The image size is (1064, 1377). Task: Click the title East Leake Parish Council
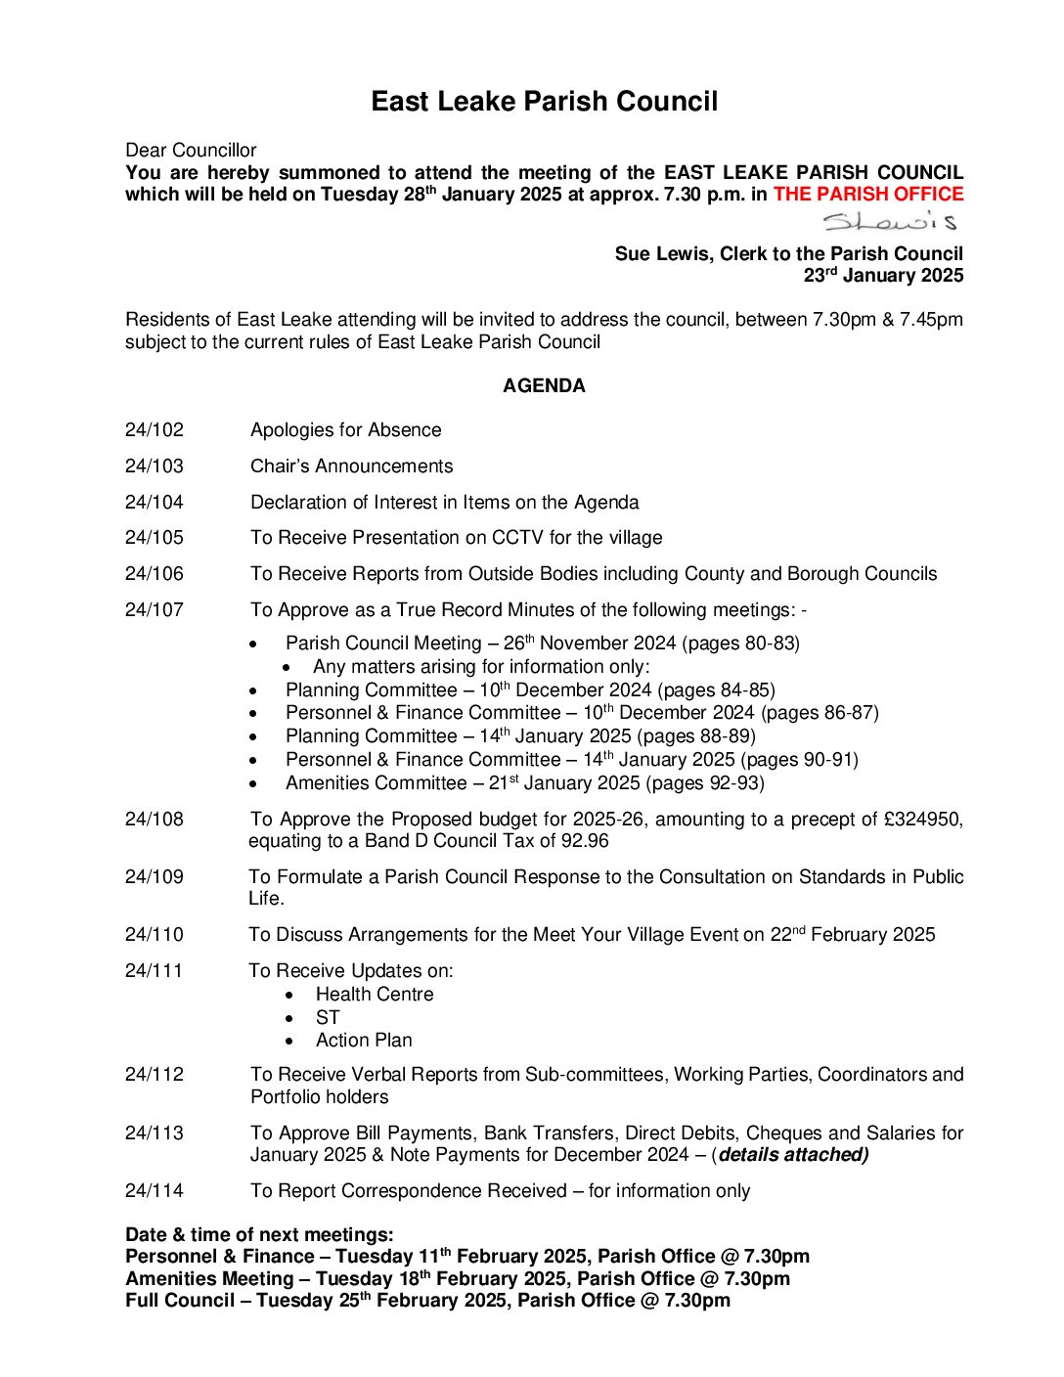[x=544, y=102]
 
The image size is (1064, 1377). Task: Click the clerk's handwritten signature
[x=889, y=222]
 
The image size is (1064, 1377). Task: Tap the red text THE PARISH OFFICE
[x=867, y=195]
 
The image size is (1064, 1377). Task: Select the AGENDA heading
[x=544, y=386]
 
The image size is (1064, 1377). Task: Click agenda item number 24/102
[x=154, y=430]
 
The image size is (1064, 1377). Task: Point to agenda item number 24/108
[x=154, y=820]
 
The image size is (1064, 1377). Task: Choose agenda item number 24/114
[x=154, y=1191]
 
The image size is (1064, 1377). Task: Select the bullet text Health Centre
[x=375, y=995]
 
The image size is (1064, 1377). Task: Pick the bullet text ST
[x=328, y=1018]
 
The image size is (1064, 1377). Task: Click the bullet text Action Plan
[x=364, y=1041]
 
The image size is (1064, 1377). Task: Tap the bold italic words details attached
[x=792, y=1155]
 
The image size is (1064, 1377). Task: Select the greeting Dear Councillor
[x=191, y=151]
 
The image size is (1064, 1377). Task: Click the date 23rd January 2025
[x=883, y=276]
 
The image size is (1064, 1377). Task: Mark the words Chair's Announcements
[x=352, y=466]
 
